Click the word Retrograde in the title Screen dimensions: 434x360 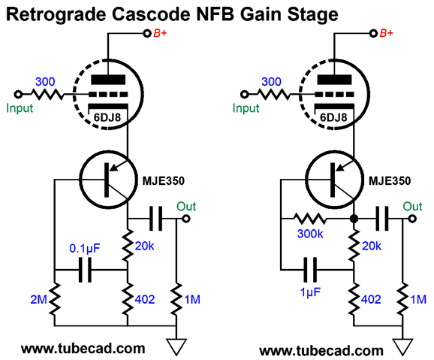click(56, 14)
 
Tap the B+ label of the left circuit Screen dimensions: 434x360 click(160, 33)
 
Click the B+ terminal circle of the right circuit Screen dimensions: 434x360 click(373, 34)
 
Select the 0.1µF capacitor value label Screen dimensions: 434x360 click(84, 248)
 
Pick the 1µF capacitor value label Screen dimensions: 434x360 click(310, 292)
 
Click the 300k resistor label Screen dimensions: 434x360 click(310, 234)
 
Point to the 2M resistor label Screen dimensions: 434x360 click(38, 299)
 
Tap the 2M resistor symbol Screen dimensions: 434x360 click(55, 299)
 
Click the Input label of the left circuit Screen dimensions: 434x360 click(20, 108)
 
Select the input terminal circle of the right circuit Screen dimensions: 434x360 click(244, 95)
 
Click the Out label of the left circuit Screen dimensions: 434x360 click(186, 207)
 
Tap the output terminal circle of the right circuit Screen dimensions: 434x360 click(412, 219)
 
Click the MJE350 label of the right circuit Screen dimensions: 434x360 click(390, 181)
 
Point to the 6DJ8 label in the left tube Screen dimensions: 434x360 click(107, 117)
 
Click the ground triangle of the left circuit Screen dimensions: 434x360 click(176, 347)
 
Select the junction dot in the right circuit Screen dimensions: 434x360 click(354, 219)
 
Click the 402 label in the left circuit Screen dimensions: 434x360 click(145, 299)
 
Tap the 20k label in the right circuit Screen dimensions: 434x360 click(372, 246)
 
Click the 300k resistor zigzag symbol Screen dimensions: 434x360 click(310, 219)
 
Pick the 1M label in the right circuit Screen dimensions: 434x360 click(418, 299)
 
